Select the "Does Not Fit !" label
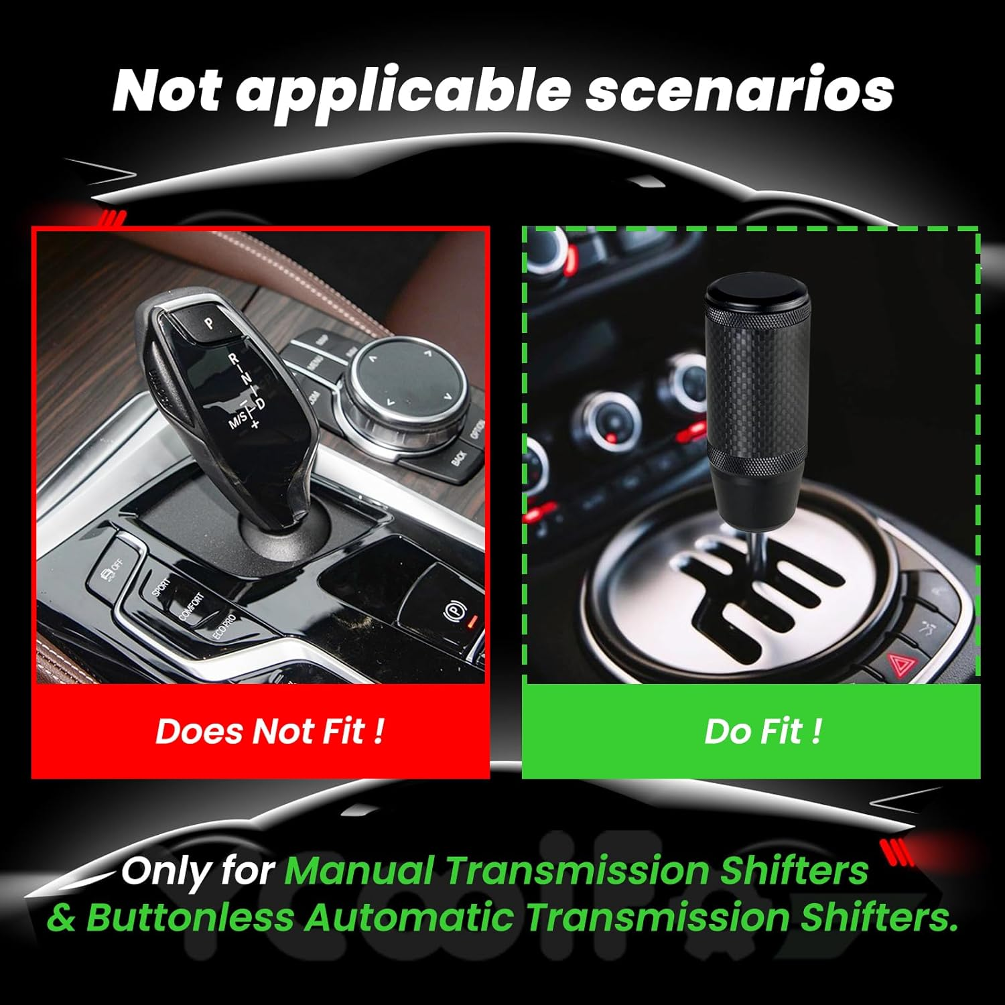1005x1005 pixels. tap(270, 730)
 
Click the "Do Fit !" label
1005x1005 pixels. tap(762, 730)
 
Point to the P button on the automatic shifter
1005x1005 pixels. tap(209, 324)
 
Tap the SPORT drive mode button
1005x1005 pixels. tap(161, 586)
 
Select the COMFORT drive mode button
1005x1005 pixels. tap(190, 606)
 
